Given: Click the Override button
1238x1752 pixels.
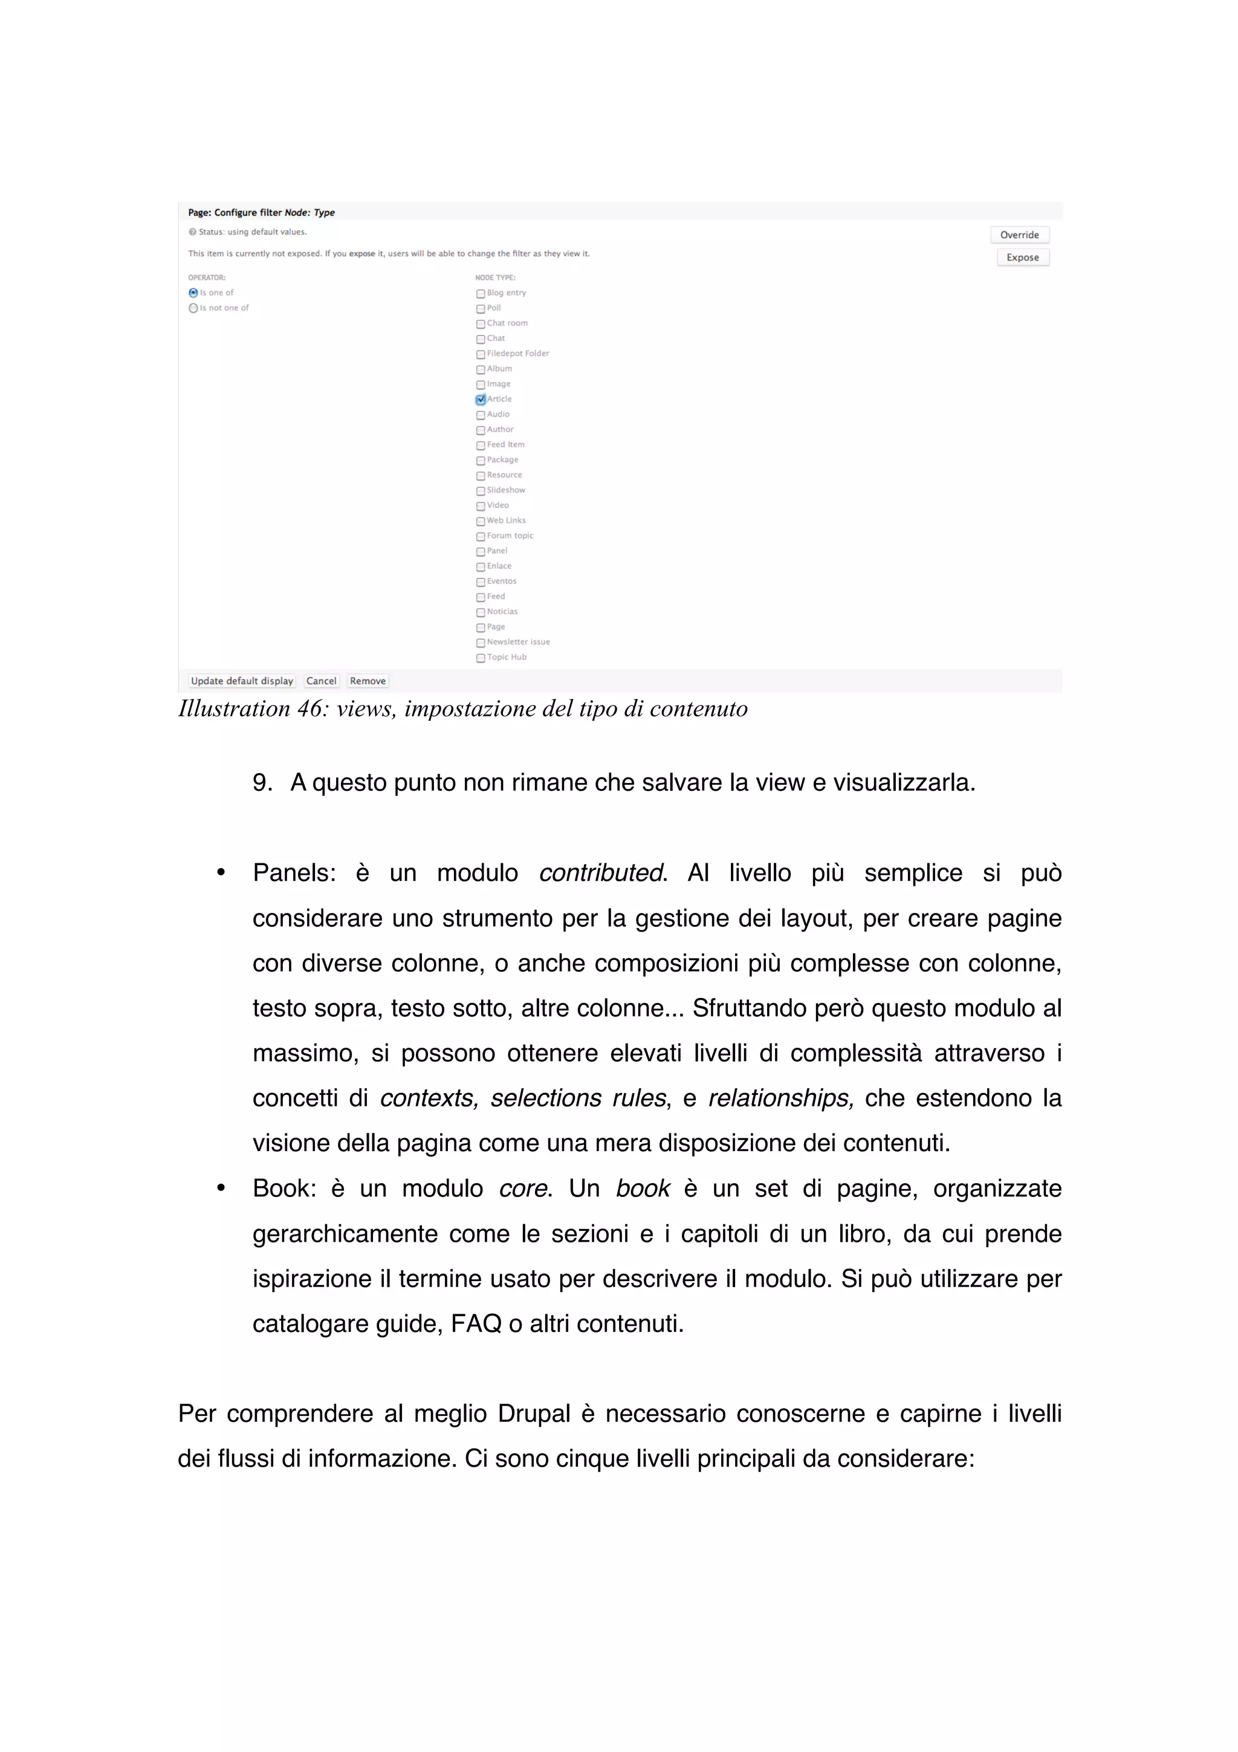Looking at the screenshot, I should click(x=1019, y=235).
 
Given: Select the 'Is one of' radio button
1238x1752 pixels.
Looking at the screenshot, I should click(x=193, y=293).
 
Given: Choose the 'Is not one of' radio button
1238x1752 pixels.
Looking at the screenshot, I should click(x=193, y=308).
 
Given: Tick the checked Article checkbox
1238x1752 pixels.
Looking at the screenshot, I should click(x=481, y=400).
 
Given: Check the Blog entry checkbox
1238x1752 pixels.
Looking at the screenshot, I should click(x=481, y=294).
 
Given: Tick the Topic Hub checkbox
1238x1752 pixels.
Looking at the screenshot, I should click(x=481, y=658).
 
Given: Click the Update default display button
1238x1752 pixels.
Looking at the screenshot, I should click(x=242, y=681).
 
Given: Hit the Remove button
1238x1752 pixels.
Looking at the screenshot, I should click(x=368, y=681).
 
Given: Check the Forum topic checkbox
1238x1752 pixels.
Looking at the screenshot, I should click(x=481, y=536).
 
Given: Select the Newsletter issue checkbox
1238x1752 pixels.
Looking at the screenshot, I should click(x=481, y=643).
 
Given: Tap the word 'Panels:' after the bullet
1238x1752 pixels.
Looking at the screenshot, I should click(x=294, y=873).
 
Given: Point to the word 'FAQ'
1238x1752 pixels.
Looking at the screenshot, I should click(x=476, y=1323).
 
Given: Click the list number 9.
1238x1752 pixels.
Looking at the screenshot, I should click(x=262, y=783).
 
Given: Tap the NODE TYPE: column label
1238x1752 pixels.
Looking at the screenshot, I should click(x=495, y=277).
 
